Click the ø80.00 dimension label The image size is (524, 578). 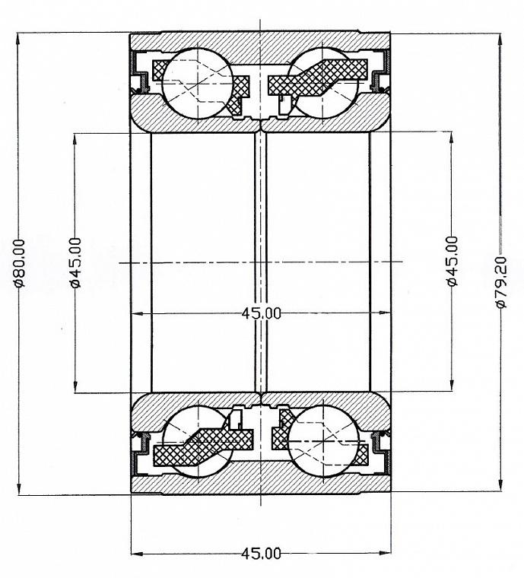tap(19, 263)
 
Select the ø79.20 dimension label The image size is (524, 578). tap(502, 282)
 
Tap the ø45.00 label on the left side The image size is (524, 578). tap(75, 263)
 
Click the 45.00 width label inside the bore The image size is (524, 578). tap(261, 313)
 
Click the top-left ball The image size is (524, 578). tap(198, 84)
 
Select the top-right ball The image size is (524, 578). tap(322, 84)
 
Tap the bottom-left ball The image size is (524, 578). tap(198, 442)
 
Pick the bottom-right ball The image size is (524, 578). tap(323, 442)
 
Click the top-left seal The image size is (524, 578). tap(139, 72)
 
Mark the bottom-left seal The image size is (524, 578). tap(139, 453)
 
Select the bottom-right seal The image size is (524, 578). tap(381, 453)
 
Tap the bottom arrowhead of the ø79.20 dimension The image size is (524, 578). tap(500, 484)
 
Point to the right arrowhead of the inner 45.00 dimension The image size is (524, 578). tap(384, 313)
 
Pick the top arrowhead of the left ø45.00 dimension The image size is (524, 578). tap(75, 140)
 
